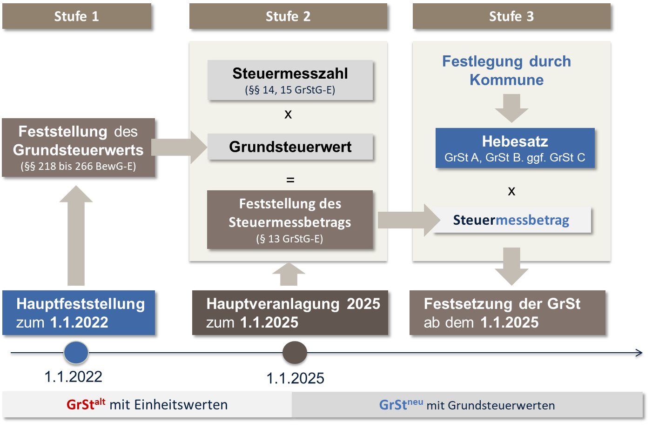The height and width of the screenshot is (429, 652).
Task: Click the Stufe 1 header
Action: tap(77, 16)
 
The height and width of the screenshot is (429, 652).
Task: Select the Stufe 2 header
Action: tap(288, 16)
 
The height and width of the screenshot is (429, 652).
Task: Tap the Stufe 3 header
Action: tap(511, 16)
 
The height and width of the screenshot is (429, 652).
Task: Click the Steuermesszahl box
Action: tap(290, 80)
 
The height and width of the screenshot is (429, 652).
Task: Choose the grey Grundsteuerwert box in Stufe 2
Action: tap(290, 147)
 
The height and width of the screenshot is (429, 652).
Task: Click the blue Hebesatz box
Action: tap(515, 148)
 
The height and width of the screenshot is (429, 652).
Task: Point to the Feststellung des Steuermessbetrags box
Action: tap(290, 220)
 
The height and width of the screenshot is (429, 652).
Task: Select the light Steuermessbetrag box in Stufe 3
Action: tap(511, 220)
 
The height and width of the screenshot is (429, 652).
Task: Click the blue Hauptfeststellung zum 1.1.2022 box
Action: tap(79, 313)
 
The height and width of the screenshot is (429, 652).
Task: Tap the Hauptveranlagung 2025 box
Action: tap(290, 313)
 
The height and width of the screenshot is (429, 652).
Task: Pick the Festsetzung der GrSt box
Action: tap(507, 313)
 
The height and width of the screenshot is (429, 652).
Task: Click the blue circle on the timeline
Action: tap(76, 353)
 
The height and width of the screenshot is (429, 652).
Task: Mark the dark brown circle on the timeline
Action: tap(295, 353)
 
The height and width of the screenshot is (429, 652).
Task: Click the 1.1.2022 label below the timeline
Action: tap(74, 376)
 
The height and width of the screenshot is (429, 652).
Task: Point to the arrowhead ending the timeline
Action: tap(642, 353)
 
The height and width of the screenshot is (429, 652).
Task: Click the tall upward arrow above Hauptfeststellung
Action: tap(76, 235)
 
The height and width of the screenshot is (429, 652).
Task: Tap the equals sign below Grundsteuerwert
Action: tap(290, 180)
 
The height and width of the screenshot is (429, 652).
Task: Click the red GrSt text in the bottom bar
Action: tap(86, 404)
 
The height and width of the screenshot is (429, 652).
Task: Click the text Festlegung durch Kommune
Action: tap(506, 70)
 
